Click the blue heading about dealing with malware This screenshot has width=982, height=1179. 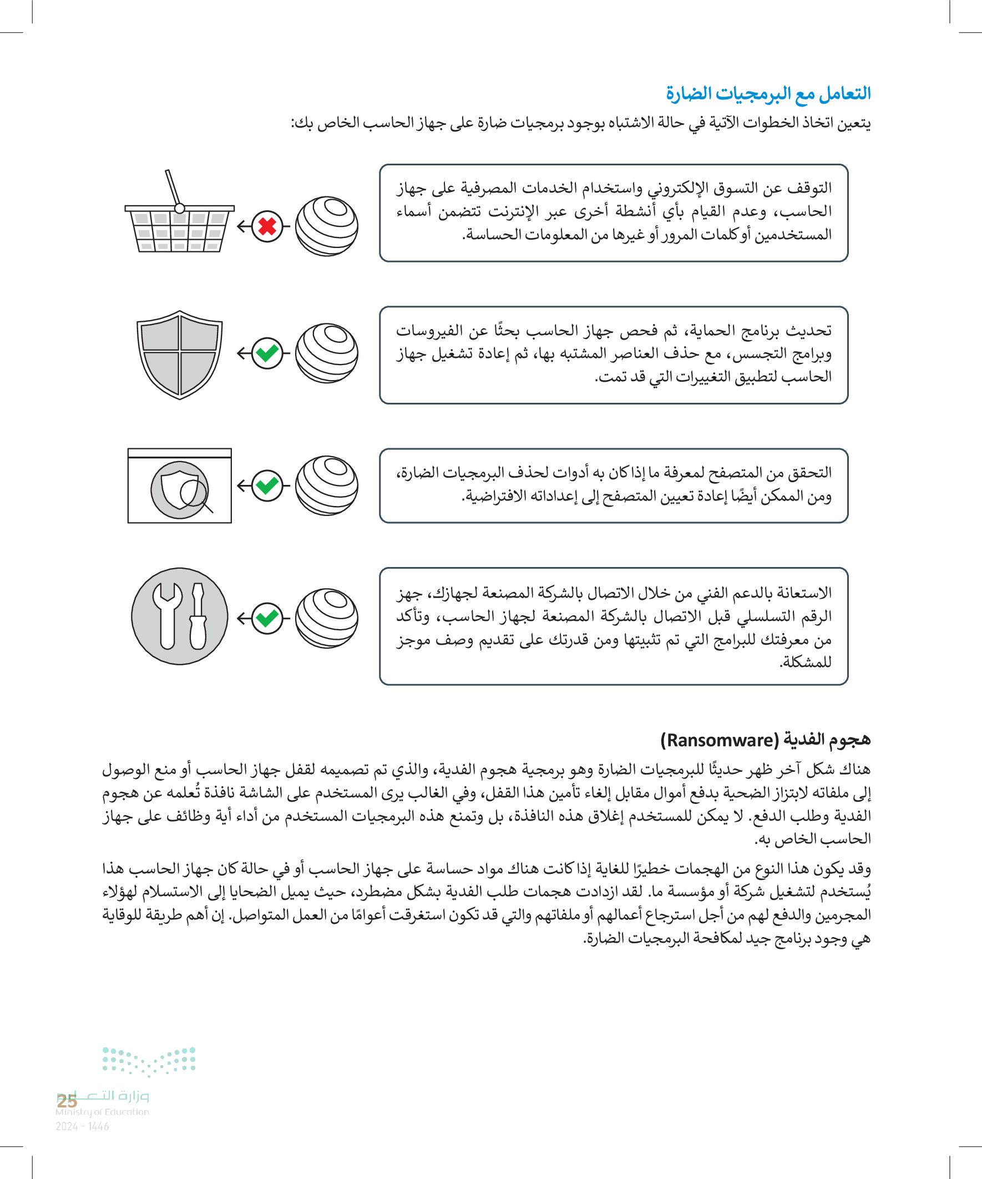pyautogui.click(x=768, y=93)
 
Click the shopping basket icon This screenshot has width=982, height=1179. pyautogui.click(x=180, y=225)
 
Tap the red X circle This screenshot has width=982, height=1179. pyautogui.click(x=267, y=226)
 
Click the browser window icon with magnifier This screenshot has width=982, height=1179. pyautogui.click(x=180, y=485)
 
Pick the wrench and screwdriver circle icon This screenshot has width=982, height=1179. pyautogui.click(x=180, y=616)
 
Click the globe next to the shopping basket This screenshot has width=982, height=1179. pyautogui.click(x=326, y=226)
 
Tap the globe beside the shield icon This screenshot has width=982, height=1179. pyautogui.click(x=326, y=353)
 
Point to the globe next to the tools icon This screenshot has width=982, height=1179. pyautogui.click(x=326, y=618)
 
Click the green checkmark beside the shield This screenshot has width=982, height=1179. pyautogui.click(x=267, y=353)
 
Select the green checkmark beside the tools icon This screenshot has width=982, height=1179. pyautogui.click(x=267, y=618)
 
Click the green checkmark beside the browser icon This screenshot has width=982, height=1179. pyautogui.click(x=267, y=485)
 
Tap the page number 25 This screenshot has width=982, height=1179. pyautogui.click(x=67, y=1101)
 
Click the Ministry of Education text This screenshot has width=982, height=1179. pyautogui.click(x=102, y=1112)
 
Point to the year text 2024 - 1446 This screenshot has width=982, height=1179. pyautogui.click(x=82, y=1126)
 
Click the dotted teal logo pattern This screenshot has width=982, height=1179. pyautogui.click(x=149, y=1060)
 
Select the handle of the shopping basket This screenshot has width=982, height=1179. pyautogui.click(x=173, y=188)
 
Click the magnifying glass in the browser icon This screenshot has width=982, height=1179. pyautogui.click(x=194, y=494)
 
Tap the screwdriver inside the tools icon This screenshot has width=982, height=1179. pyautogui.click(x=198, y=616)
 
